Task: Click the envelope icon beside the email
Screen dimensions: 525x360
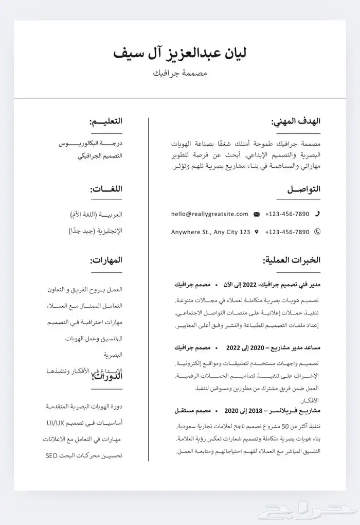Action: [x=257, y=214]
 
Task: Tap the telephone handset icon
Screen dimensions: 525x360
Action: [x=317, y=214]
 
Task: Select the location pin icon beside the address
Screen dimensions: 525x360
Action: [x=257, y=232]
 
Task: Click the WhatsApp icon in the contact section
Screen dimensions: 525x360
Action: [x=317, y=232]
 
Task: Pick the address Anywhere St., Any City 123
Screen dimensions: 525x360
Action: [x=210, y=232]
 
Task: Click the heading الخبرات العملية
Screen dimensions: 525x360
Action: [x=292, y=260]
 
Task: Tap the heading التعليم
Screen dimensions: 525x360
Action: [x=106, y=121]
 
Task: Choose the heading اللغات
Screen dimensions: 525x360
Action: [x=106, y=189]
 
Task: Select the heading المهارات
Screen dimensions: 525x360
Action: [x=106, y=260]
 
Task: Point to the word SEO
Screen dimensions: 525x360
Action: [x=50, y=456]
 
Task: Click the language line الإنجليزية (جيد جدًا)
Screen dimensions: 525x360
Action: [x=96, y=231]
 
